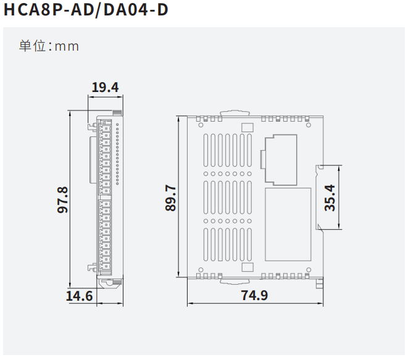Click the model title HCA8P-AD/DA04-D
tap(85, 10)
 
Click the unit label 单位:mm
tap(49, 46)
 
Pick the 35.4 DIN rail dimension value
tap(331, 198)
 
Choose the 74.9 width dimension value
tap(254, 296)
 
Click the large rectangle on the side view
tap(288, 224)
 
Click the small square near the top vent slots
tap(247, 128)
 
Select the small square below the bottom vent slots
tap(247, 267)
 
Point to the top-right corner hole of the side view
tap(308, 123)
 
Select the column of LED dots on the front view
tap(117, 154)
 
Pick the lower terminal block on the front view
tap(104, 235)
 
